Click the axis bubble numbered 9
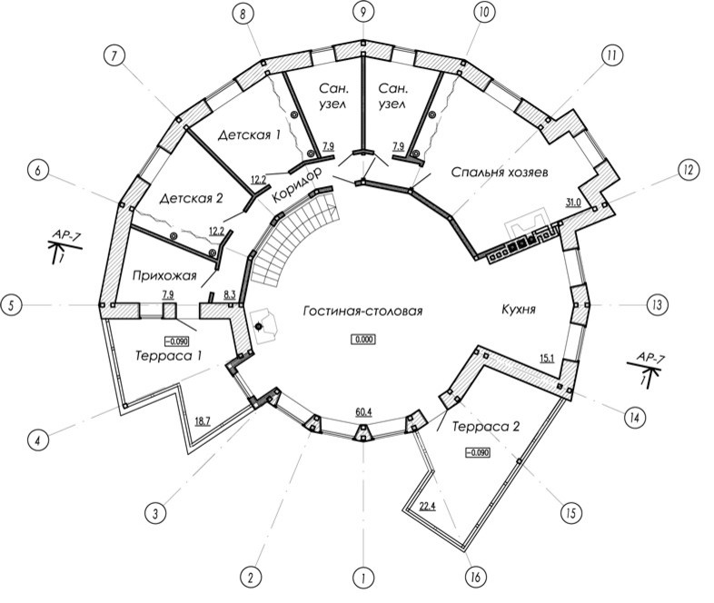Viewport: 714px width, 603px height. [x=363, y=13]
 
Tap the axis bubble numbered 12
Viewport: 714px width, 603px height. [x=688, y=170]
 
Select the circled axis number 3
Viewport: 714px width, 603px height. [x=155, y=514]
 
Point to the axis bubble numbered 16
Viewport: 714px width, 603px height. [x=475, y=578]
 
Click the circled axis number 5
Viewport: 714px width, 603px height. [x=13, y=305]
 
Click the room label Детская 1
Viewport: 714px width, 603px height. [x=249, y=135]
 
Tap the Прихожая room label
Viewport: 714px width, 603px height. [x=164, y=275]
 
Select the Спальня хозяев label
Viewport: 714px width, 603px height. [x=500, y=172]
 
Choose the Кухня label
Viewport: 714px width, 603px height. [x=519, y=310]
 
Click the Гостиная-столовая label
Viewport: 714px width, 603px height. [x=362, y=311]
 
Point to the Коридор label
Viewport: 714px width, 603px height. [x=297, y=185]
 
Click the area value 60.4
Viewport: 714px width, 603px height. [x=363, y=412]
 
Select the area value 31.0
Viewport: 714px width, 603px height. [x=573, y=203]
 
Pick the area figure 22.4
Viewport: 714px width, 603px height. [x=427, y=506]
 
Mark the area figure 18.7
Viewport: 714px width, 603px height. [x=203, y=422]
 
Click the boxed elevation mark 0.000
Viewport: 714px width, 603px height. [x=363, y=340]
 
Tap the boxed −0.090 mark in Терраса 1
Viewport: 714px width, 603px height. [x=176, y=341]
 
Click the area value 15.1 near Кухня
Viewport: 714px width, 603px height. [x=547, y=359]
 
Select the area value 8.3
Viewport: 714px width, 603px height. [x=229, y=296]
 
